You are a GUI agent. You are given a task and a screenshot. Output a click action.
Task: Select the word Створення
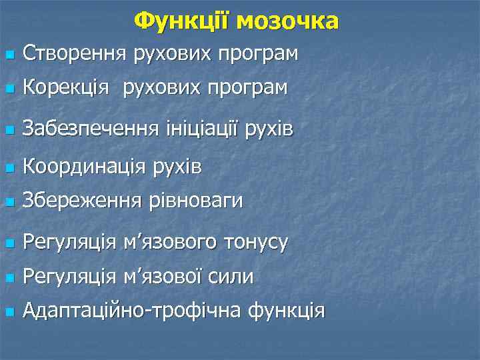(74, 52)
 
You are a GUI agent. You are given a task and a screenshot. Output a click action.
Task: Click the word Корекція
(65, 87)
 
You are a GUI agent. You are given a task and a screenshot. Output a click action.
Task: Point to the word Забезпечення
(90, 127)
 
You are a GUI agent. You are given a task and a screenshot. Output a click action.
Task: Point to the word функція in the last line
(286, 311)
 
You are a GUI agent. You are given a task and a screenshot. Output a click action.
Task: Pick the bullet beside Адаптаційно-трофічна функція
(7, 311)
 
